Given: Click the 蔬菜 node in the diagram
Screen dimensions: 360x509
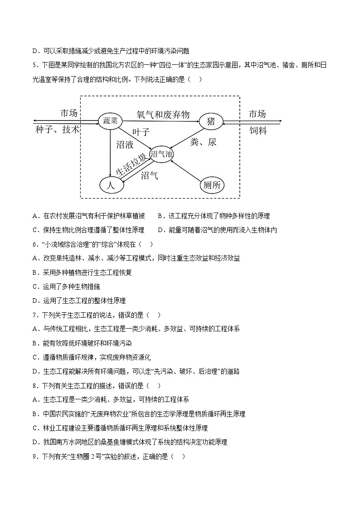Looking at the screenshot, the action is click(111, 121).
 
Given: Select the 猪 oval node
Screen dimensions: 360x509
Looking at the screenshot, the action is click(211, 121).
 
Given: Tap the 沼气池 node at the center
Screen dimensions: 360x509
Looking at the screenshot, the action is click(162, 154).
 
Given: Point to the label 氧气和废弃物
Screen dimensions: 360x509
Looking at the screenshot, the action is click(163, 115).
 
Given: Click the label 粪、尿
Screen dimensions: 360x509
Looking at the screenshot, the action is click(204, 142).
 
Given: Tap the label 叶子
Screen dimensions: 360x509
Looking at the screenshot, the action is click(141, 132).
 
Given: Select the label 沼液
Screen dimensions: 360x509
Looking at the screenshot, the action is click(125, 145).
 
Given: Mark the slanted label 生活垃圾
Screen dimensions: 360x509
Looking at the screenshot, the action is click(131, 165).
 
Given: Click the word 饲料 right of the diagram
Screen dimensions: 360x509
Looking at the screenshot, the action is click(258, 131).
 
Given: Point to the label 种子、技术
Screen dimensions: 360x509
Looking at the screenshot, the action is click(57, 130).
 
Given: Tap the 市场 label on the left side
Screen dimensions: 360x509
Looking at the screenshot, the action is click(69, 113).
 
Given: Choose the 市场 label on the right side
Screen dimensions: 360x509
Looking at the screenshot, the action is click(257, 114).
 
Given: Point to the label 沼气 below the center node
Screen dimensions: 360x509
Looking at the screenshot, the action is click(149, 176).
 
